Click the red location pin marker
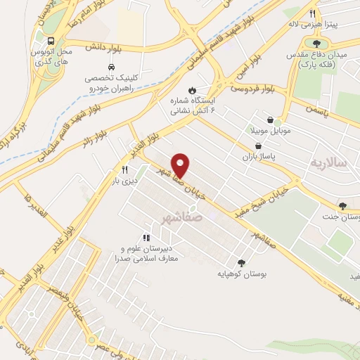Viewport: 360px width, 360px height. pos(181,165)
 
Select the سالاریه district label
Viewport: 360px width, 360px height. pos(329,162)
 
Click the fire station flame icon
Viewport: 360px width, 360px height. pos(191,91)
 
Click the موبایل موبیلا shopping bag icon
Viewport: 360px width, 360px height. pos(270,120)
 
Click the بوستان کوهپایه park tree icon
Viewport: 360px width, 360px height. pos(243,262)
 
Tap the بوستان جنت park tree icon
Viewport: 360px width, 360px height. pos(342,206)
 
